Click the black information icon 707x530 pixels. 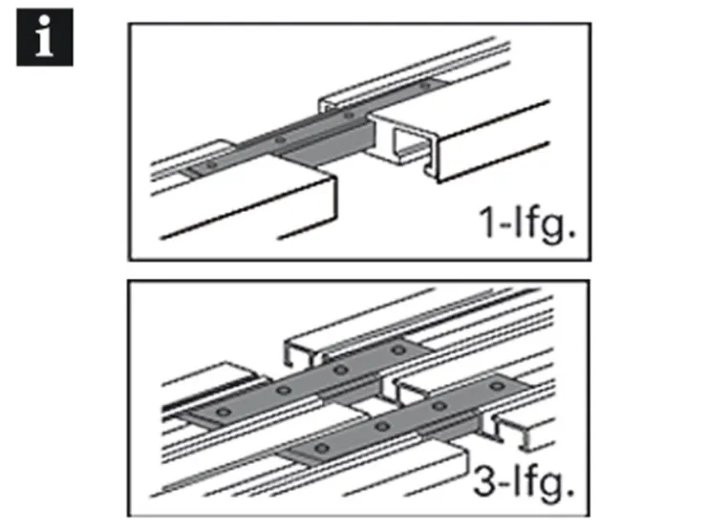pos(45,37)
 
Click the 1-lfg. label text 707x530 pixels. pos(527,223)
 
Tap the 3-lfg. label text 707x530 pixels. pos(524,482)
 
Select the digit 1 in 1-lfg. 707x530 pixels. pos(488,222)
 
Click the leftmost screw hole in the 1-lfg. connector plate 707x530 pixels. pos(211,165)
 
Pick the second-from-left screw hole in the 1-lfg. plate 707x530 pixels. pos(281,140)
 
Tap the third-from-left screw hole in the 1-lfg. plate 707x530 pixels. pos(349,116)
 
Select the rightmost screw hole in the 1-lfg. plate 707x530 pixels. pos(425,85)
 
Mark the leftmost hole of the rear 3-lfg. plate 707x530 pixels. pos(224,412)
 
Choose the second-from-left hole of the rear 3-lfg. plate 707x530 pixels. pos(283,390)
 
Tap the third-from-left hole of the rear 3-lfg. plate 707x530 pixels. pos(341,371)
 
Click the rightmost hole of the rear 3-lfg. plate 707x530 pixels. pos(398,350)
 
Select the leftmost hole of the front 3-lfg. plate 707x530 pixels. pos(321,448)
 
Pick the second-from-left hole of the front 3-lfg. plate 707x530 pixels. pos(382,426)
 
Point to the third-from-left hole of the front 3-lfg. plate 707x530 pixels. pos(439,407)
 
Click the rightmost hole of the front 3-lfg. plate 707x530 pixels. pos(497,386)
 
